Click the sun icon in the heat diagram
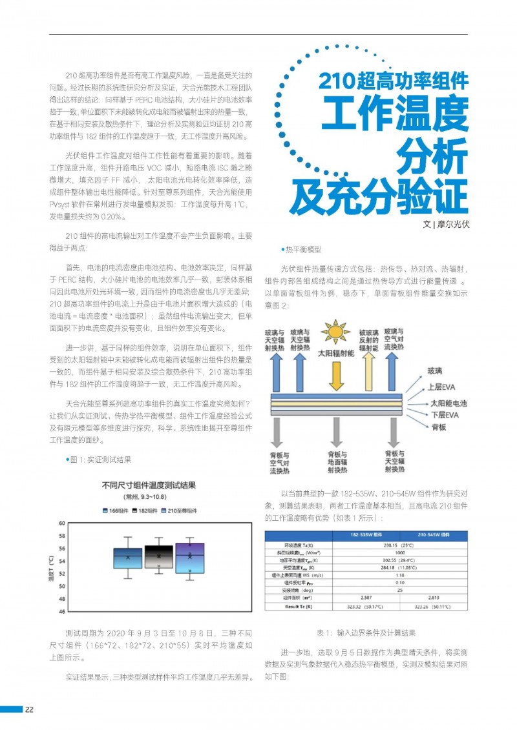pos(335,332)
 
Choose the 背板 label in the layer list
pos(438,427)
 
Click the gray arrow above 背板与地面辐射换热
pos(336,432)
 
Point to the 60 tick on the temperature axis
pos(62,523)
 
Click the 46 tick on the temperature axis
pos(62,611)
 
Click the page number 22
pos(30,710)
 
